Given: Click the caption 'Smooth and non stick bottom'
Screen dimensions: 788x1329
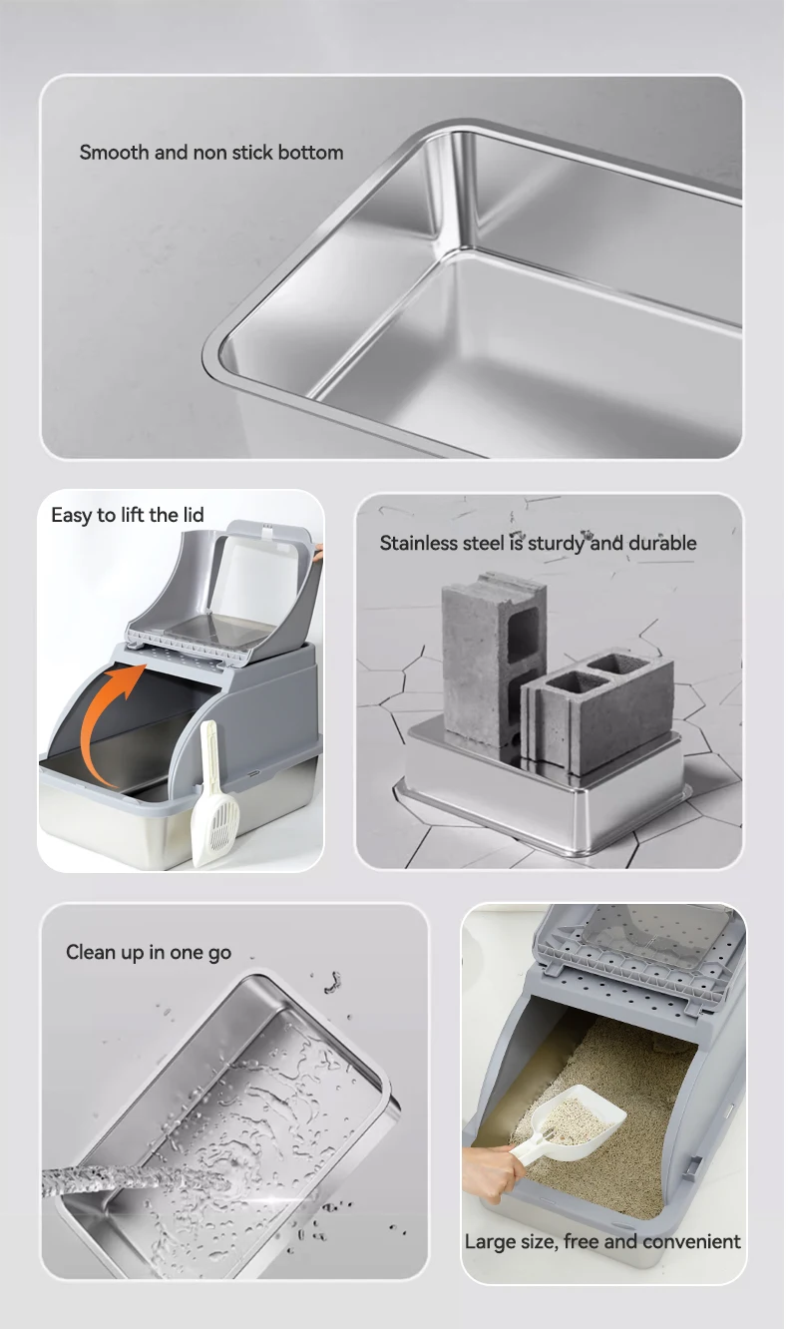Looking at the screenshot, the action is point(211,153).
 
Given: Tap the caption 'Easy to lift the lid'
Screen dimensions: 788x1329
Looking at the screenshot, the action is point(128,515).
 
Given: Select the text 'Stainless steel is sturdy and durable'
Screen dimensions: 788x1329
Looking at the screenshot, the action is point(538,543).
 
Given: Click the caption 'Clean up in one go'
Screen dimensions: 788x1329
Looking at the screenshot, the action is point(149,952).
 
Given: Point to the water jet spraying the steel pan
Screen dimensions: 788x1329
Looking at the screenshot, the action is point(137,1176).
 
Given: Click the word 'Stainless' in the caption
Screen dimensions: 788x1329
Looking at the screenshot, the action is point(419,543).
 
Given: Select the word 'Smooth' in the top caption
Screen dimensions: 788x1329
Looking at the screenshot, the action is point(115,153).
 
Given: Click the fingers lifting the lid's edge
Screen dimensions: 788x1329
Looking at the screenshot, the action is point(319,553).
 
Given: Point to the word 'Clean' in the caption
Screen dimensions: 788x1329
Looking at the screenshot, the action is point(91,952).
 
